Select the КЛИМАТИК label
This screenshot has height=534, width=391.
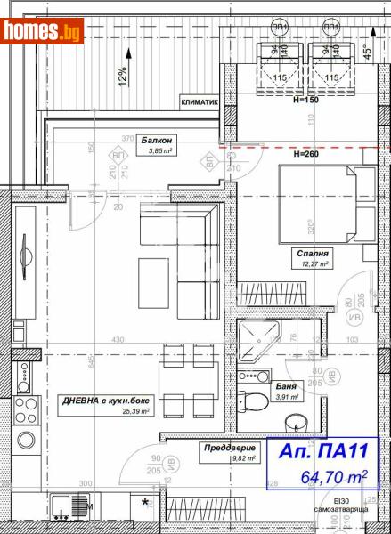(200, 102)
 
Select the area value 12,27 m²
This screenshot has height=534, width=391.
(314, 264)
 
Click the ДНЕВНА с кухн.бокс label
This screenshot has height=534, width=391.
(101, 402)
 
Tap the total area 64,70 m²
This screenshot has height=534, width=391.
(332, 478)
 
